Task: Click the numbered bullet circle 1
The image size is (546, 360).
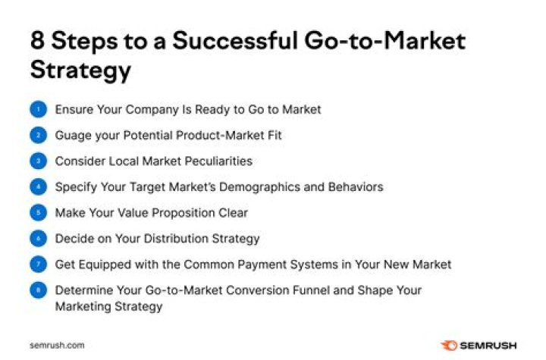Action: [38, 110]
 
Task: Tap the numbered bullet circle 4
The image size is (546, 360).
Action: [38, 187]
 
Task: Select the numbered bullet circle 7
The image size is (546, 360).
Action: [38, 265]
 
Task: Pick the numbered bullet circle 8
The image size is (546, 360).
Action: [38, 290]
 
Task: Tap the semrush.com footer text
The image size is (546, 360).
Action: [57, 345]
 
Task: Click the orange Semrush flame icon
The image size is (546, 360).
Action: [450, 345]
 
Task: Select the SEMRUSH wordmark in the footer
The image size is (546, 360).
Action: [489, 345]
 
